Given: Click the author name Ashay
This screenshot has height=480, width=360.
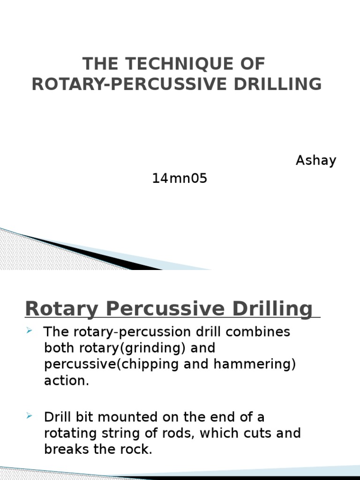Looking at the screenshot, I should coord(315,161).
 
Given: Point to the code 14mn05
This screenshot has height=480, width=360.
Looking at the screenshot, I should coord(180,179).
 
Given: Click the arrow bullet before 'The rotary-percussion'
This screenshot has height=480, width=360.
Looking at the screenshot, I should coord(29,331).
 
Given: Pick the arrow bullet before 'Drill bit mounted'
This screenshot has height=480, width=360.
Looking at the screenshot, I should coord(29,416).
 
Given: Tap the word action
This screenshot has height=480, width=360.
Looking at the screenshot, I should coord(66,381).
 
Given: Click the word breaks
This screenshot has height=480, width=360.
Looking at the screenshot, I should coord(65,449).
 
